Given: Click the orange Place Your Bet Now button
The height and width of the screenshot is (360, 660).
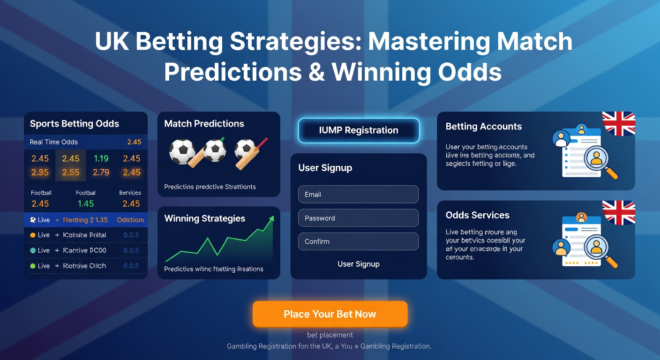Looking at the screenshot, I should pyautogui.click(x=330, y=314).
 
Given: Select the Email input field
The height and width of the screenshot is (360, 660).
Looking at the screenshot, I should pyautogui.click(x=358, y=195).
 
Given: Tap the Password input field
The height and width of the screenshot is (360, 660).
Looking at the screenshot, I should pyautogui.click(x=358, y=218).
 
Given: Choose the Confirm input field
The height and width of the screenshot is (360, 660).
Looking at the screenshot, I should pyautogui.click(x=358, y=241).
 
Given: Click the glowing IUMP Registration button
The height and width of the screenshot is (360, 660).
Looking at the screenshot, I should pyautogui.click(x=359, y=130).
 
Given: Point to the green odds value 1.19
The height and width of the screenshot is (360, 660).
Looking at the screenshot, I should pyautogui.click(x=101, y=158).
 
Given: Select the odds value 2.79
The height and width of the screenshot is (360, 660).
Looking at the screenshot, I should pyautogui.click(x=101, y=172).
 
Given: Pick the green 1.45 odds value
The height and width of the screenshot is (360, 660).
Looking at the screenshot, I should pyautogui.click(x=86, y=204).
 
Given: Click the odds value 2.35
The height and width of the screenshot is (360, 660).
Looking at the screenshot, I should pyautogui.click(x=40, y=172).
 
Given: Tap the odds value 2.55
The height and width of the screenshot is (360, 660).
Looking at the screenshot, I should pyautogui.click(x=71, y=172).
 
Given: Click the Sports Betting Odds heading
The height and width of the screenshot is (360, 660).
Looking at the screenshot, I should pyautogui.click(x=75, y=124).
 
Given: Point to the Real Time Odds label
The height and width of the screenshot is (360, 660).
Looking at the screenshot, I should pyautogui.click(x=53, y=142).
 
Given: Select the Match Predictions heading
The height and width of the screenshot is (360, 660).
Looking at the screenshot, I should pyautogui.click(x=204, y=124).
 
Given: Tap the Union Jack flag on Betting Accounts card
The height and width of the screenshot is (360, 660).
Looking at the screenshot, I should pyautogui.click(x=618, y=123).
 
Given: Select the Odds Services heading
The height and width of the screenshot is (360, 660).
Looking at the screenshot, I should pyautogui.click(x=477, y=215).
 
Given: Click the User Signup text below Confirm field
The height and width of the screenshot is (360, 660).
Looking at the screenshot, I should pyautogui.click(x=359, y=264).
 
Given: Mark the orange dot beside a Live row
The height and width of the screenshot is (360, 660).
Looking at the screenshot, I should pyautogui.click(x=33, y=235).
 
